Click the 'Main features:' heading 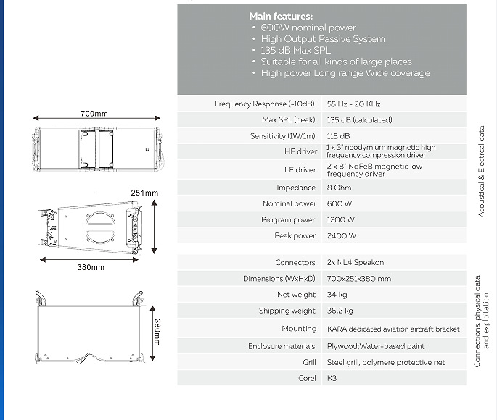(x=281, y=16)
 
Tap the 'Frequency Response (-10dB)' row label (x=265, y=104)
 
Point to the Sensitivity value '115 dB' (x=339, y=136)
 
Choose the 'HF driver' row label (x=300, y=152)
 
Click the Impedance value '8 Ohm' (x=341, y=188)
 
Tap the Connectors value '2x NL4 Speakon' (x=356, y=263)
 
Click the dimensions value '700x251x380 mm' (x=359, y=279)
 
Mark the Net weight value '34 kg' (x=337, y=295)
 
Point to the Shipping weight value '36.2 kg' (x=340, y=311)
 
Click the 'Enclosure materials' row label (x=282, y=346)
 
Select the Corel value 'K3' (x=332, y=378)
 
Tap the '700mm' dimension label (x=94, y=114)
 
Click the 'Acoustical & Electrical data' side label (x=482, y=171)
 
